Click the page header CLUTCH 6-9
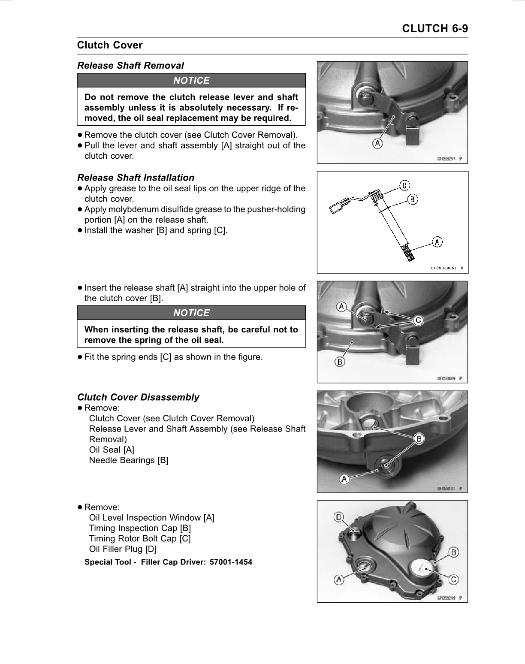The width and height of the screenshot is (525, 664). (434, 28)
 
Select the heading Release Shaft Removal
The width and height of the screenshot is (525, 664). (130, 66)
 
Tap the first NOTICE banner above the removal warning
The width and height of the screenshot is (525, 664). (191, 81)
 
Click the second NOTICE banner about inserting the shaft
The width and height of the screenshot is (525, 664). (191, 313)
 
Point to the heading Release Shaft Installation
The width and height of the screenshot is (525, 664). (136, 178)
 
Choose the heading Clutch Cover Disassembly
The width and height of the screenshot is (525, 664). (138, 397)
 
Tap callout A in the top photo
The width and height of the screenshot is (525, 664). (377, 144)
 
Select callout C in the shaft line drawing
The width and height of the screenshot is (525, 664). (404, 185)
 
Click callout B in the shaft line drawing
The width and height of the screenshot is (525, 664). (412, 199)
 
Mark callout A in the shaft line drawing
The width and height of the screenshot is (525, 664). (437, 242)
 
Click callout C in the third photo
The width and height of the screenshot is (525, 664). (418, 320)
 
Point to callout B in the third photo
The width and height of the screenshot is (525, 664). (340, 362)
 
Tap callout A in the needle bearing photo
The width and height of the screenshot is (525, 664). (344, 480)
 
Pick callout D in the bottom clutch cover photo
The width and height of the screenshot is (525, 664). (339, 517)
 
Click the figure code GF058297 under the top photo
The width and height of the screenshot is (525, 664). (447, 159)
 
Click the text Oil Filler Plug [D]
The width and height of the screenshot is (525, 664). (123, 549)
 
